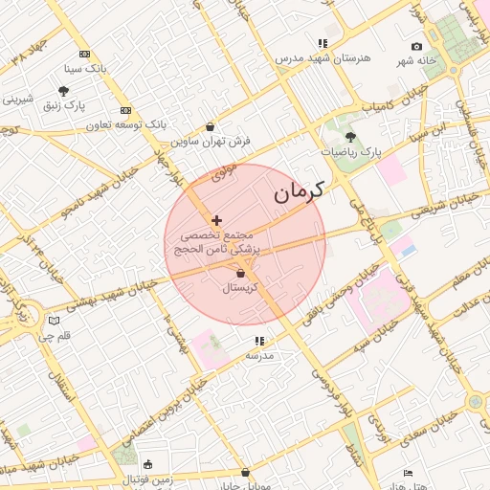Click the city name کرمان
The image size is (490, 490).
tap(298, 191)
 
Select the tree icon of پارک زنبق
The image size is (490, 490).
tap(63, 92)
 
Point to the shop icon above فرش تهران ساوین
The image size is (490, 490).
tap(210, 126)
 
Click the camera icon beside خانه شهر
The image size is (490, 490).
tap(416, 47)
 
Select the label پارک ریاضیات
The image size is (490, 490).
tap(350, 152)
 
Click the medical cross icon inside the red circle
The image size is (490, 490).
tap(216, 220)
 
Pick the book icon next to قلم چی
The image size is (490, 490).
tap(54, 321)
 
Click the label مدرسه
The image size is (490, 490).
tap(259, 355)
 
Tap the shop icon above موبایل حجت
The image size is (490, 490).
tap(246, 472)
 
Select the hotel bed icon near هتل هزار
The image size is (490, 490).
tap(409, 473)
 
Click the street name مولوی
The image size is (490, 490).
tap(222, 173)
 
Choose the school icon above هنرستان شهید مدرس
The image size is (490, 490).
tap(323, 43)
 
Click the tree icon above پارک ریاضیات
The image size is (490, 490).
tap(349, 138)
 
